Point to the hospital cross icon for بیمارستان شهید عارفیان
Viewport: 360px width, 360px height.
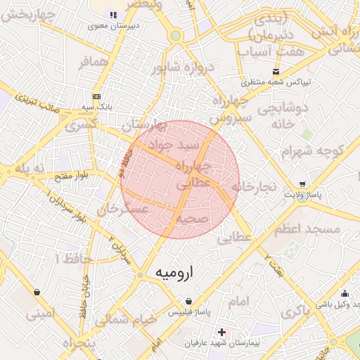click(x=222, y=331)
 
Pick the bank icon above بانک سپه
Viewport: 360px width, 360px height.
click(x=96, y=96)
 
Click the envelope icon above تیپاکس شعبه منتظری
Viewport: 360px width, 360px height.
click(x=276, y=71)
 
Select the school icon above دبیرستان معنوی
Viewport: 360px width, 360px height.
click(x=113, y=15)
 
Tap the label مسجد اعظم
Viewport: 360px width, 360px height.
click(x=314, y=229)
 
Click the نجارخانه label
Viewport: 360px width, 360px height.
click(x=252, y=186)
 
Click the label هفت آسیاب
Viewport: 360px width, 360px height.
click(x=271, y=51)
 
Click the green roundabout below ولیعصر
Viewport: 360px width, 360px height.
click(x=175, y=35)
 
